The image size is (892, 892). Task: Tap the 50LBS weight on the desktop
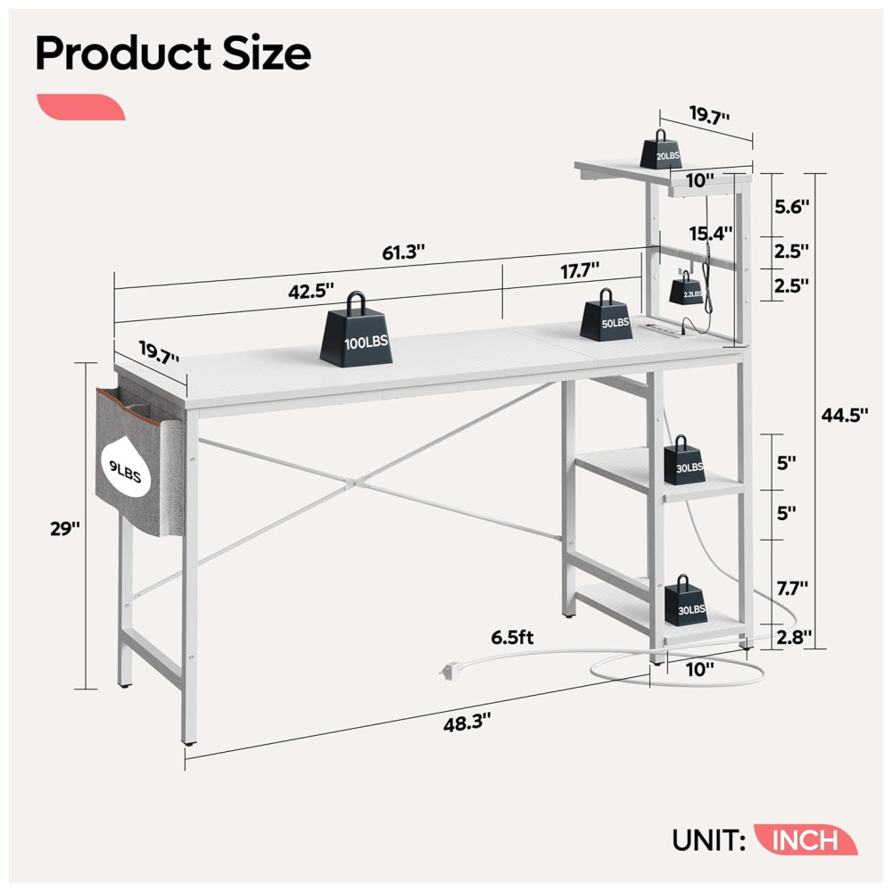pyautogui.click(x=607, y=318)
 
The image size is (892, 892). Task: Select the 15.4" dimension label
pyautogui.click(x=711, y=234)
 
